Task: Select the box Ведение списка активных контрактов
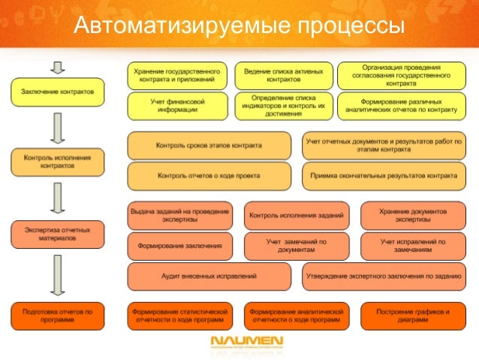pos(279,74)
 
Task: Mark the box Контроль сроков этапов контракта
pos(209,144)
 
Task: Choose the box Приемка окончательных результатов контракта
pos(383,175)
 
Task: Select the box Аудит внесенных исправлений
pos(210,276)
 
